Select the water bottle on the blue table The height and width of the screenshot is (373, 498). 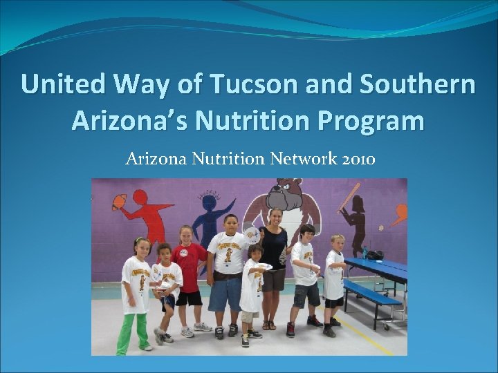365,251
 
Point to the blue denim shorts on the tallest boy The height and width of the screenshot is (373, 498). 225,294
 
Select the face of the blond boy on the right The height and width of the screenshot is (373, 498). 336,243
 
